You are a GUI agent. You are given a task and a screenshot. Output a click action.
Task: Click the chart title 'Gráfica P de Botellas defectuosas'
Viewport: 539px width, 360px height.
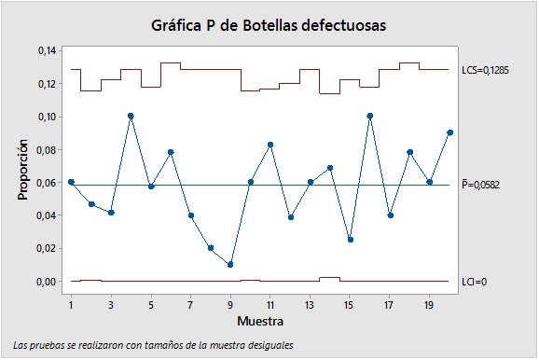click(268, 24)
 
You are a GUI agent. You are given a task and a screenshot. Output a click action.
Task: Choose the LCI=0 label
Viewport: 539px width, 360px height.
click(475, 281)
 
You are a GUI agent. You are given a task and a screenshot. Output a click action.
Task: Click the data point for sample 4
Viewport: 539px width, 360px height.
click(131, 116)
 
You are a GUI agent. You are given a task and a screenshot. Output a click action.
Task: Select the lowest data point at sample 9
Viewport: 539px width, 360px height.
click(230, 265)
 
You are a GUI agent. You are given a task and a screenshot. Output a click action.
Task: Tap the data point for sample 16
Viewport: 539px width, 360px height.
click(370, 116)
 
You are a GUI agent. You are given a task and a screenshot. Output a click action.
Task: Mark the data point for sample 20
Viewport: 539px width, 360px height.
click(449, 132)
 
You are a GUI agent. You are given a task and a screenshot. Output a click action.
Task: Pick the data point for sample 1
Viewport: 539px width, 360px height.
click(71, 182)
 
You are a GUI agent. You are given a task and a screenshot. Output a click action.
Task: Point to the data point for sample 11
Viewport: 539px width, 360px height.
click(270, 145)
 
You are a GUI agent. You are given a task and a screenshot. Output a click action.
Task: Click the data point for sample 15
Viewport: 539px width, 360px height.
click(350, 240)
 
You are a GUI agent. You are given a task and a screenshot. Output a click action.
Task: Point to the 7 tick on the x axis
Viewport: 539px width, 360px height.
click(190, 304)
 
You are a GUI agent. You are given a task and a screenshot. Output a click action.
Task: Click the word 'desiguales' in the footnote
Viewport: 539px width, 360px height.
click(269, 345)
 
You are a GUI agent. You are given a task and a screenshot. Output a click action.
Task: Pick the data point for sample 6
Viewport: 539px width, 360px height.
click(171, 152)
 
